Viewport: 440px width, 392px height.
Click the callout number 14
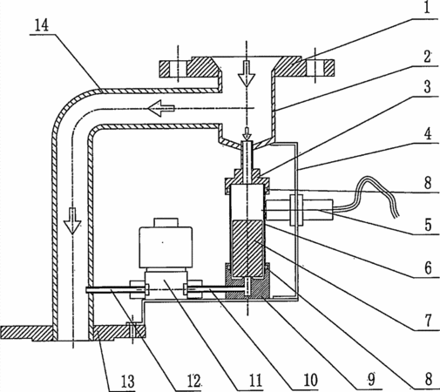(x=42, y=25)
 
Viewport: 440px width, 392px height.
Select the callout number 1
(x=427, y=8)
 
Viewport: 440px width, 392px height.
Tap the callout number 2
(x=427, y=57)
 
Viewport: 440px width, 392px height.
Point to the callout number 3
(x=427, y=86)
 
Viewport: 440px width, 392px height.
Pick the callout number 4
(x=428, y=134)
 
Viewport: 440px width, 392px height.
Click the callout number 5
(x=429, y=225)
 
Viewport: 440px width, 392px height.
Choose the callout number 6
(x=429, y=268)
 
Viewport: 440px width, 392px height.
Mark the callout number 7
(x=429, y=321)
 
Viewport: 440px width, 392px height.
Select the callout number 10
(x=310, y=380)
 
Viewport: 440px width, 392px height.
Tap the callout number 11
(x=255, y=381)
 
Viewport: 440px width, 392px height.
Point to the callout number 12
(x=194, y=381)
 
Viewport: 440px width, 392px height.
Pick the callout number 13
(x=128, y=382)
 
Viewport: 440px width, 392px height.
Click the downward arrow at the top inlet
(x=247, y=74)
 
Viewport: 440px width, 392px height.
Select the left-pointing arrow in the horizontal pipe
(x=161, y=108)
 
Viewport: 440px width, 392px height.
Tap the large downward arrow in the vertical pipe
(x=72, y=221)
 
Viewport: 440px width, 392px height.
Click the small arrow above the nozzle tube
(x=247, y=133)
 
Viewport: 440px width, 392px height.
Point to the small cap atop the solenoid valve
(x=166, y=222)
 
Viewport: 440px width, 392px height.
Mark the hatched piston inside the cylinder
(x=247, y=247)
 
